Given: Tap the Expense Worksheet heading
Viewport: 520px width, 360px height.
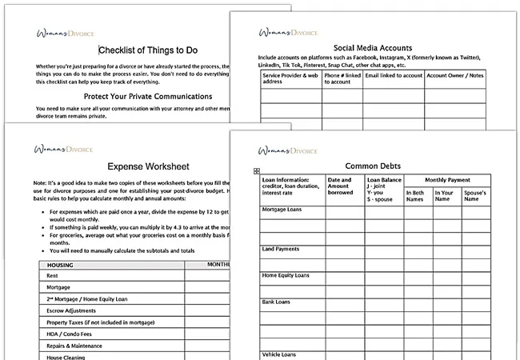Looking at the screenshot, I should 150,167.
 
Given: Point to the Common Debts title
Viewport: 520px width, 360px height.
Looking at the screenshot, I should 374,166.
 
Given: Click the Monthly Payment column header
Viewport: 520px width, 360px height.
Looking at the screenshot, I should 448,180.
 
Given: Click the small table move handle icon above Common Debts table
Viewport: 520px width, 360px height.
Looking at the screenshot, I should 255,171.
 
